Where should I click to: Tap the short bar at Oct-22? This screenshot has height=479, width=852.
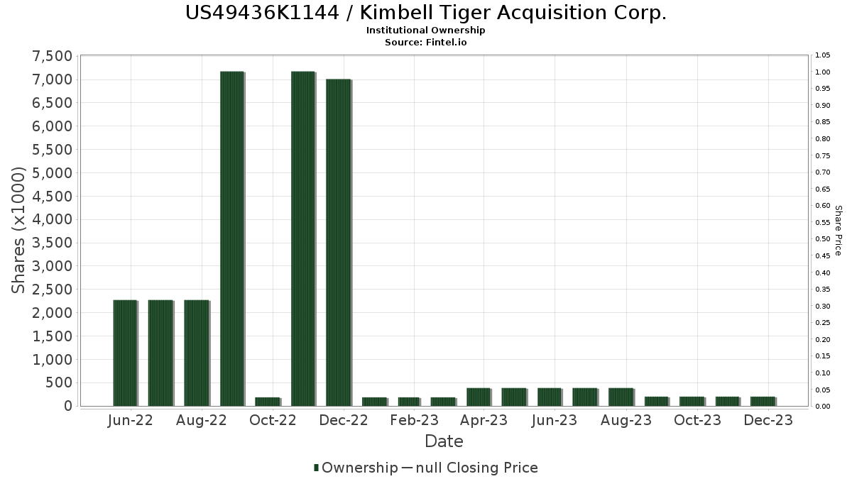click(x=268, y=402)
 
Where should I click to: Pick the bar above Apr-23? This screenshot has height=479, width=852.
click(x=479, y=397)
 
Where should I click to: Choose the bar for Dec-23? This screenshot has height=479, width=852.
click(x=763, y=402)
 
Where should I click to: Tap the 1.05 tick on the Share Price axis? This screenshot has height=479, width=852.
click(x=823, y=55)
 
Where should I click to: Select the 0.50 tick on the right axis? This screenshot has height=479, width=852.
click(x=823, y=239)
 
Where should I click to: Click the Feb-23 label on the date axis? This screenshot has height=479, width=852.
click(x=414, y=420)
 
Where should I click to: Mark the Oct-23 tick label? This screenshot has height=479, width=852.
click(x=698, y=420)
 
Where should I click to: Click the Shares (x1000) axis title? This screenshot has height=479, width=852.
click(x=20, y=231)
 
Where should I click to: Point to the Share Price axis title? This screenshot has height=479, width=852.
click(x=838, y=231)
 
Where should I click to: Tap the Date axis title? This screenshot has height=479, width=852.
click(x=444, y=441)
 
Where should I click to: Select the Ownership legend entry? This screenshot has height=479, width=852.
click(x=356, y=468)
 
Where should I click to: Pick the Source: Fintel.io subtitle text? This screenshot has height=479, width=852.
click(x=426, y=42)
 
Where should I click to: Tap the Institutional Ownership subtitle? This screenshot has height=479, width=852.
click(x=426, y=31)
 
